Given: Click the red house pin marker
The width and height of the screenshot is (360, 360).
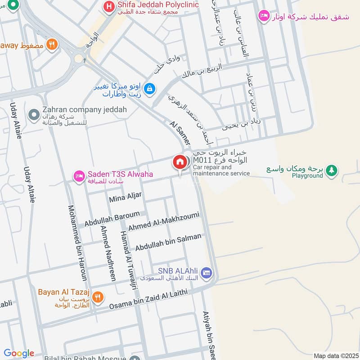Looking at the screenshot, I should (179, 162).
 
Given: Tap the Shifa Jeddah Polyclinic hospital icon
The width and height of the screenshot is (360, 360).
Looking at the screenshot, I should (108, 7).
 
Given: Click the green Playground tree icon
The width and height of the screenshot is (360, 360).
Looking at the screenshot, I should (332, 170).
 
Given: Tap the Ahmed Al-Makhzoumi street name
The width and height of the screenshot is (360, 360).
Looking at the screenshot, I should (163, 222).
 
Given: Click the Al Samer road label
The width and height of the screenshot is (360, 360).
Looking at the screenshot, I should (180, 133).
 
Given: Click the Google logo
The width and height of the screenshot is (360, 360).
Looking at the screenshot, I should (18, 353).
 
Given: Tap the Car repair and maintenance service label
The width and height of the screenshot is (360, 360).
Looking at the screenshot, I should (221, 171).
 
